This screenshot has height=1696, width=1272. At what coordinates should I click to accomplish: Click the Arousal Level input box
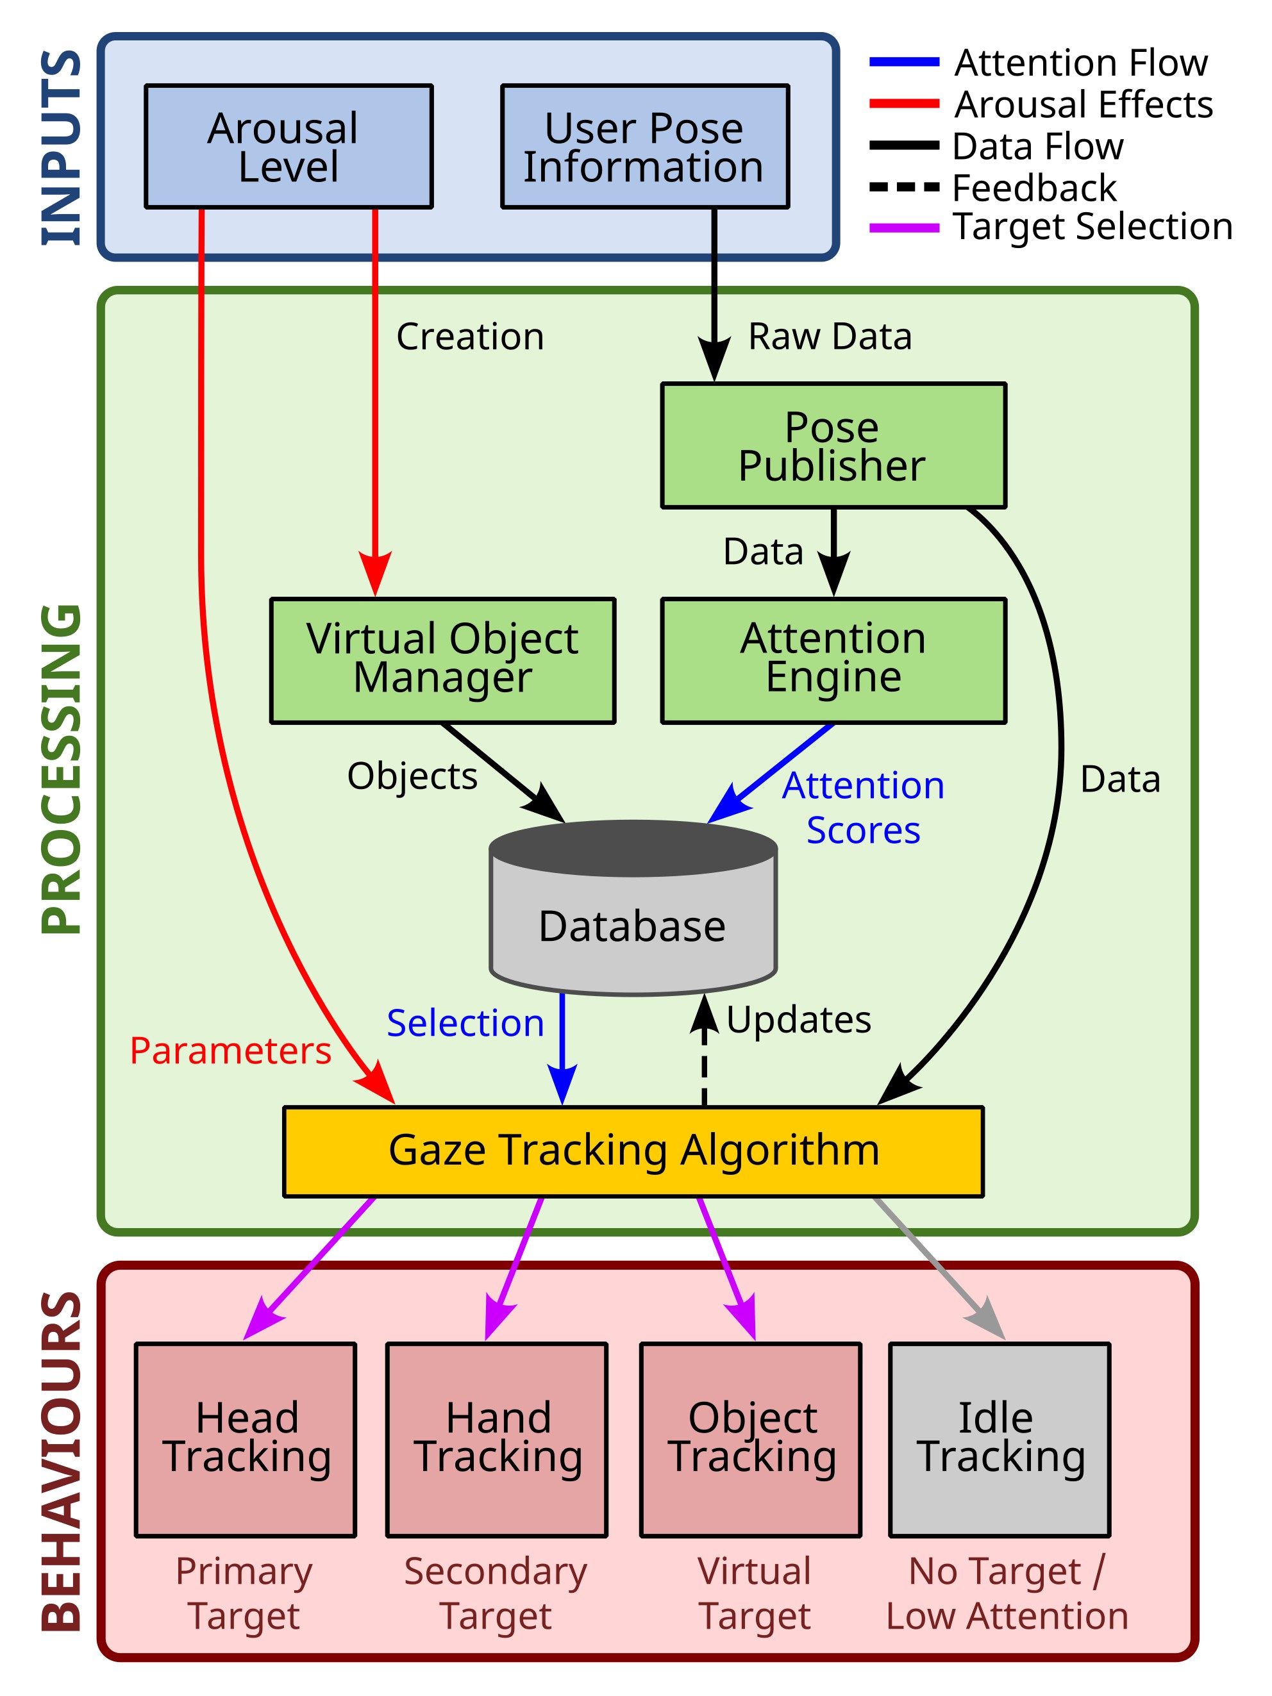click(289, 146)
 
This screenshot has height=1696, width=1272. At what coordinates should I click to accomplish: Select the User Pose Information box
click(644, 146)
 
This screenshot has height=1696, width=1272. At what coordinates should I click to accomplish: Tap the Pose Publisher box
click(833, 445)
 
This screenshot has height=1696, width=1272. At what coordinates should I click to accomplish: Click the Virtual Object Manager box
click(442, 660)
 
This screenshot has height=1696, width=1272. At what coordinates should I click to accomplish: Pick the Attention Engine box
click(833, 660)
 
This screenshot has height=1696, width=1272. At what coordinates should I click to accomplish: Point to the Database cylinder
click(633, 920)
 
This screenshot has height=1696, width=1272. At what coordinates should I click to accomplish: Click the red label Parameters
click(230, 1051)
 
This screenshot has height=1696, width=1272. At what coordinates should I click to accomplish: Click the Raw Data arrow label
click(830, 337)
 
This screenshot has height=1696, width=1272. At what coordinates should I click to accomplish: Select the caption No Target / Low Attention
click(1007, 1593)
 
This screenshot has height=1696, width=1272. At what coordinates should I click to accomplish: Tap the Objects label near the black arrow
click(412, 776)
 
